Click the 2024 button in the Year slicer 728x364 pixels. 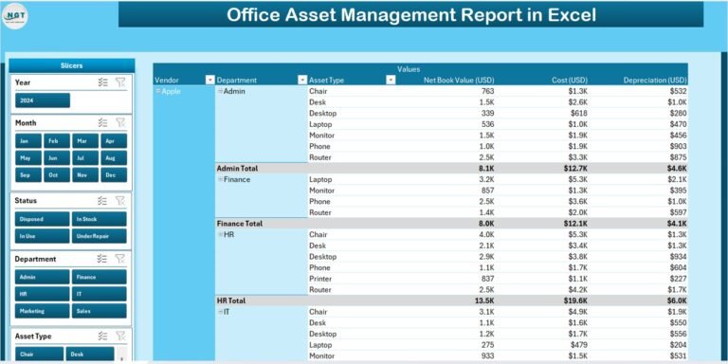point(43,100)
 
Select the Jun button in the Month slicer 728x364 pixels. point(58,158)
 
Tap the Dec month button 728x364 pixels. point(114,175)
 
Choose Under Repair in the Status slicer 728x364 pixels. point(99,235)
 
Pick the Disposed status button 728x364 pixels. point(43,218)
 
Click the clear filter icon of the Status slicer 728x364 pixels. point(120,200)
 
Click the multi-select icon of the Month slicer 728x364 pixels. point(102,122)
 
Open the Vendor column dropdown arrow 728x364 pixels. point(210,80)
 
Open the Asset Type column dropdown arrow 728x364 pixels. point(391,80)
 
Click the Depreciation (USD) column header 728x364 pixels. point(654,80)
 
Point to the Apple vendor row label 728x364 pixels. point(171,91)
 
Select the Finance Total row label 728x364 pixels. point(242,224)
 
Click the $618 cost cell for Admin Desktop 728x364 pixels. point(577,113)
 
